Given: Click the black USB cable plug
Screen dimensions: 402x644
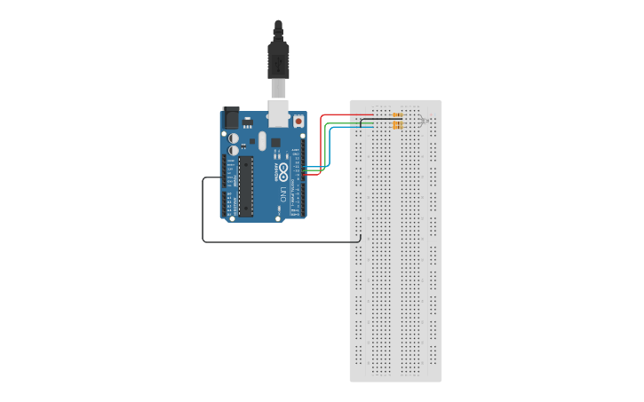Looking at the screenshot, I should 279,59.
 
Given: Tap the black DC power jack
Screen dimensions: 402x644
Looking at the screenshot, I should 230,117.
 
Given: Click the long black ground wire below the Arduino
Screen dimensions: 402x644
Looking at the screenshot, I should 266,241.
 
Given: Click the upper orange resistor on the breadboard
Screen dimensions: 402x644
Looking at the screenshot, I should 397,116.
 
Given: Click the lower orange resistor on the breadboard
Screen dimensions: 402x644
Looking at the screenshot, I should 396,126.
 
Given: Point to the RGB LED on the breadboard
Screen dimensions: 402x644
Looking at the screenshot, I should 425,121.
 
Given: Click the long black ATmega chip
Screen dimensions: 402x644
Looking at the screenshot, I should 244,186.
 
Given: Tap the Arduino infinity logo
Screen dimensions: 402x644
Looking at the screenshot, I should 284,169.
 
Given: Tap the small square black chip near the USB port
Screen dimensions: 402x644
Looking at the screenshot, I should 276,142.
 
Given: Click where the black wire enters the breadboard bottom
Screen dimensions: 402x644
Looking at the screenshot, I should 357,238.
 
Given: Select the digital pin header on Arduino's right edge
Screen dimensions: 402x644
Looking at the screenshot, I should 304,177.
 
